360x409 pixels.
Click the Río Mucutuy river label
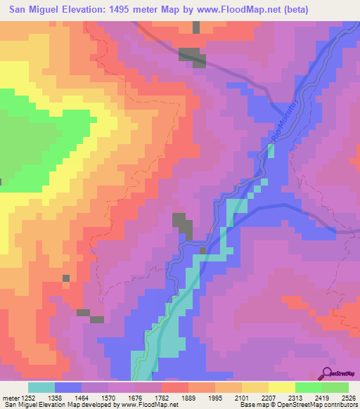tap(280, 118)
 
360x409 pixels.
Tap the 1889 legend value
tap(174, 397)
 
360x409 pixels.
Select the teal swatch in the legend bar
tap(41, 387)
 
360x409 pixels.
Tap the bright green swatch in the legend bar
tap(308, 387)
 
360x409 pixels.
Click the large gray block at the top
tap(191, 56)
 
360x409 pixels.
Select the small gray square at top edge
tap(195, 26)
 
